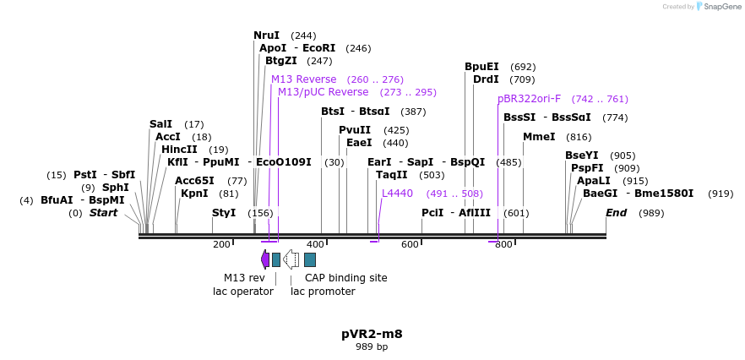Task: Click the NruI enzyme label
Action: point(266,35)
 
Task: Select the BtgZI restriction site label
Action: point(280,61)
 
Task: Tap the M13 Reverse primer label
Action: point(303,79)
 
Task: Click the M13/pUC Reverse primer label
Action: point(323,92)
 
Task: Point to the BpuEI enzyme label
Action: point(481,67)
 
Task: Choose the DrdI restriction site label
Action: point(486,79)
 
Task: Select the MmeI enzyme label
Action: point(539,137)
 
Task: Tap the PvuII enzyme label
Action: point(355,130)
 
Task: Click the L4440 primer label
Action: point(397,194)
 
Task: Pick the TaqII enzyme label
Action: point(392,175)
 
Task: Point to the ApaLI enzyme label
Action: point(594,181)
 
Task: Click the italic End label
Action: point(616,213)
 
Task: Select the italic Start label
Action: point(103,213)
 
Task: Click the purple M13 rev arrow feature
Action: point(265,259)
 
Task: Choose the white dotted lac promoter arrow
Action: point(291,259)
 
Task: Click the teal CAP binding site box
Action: point(310,259)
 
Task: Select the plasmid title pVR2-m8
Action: point(372,334)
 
